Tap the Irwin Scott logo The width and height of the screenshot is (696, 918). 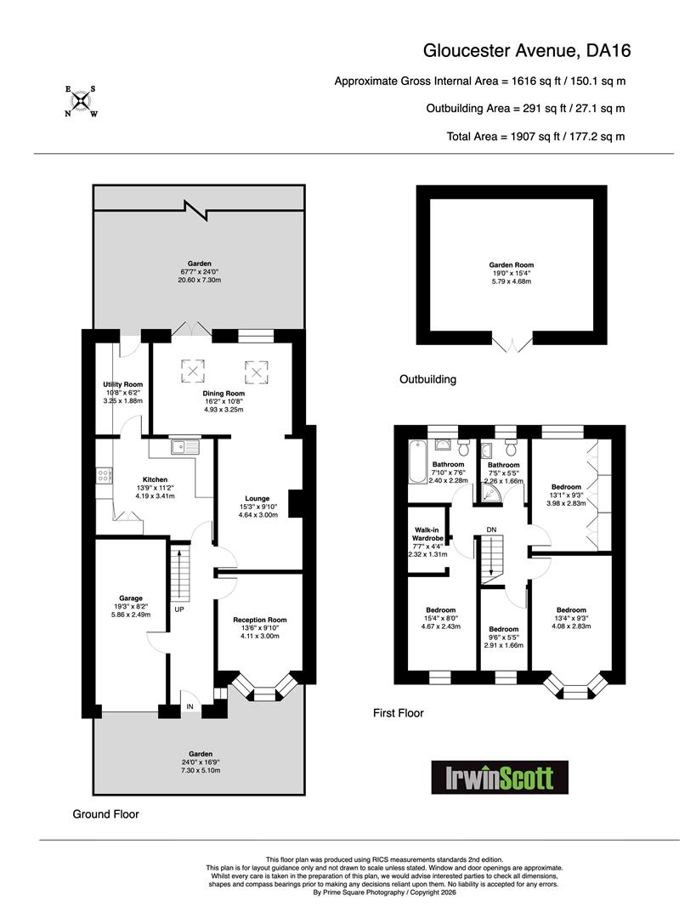500,777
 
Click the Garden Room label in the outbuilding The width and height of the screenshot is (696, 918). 511,265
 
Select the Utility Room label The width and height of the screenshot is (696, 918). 123,385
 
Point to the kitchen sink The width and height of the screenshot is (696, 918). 185,447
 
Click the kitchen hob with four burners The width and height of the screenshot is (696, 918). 104,476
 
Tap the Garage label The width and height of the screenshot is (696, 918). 131,598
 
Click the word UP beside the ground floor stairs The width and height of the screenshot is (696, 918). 179,609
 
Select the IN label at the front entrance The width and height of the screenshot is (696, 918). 190,707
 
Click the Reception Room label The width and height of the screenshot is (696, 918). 260,620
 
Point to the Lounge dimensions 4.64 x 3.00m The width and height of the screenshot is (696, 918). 258,515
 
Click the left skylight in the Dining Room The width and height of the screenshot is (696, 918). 193,371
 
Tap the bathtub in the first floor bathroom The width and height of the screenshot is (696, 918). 417,462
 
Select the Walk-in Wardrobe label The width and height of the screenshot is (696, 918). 428,535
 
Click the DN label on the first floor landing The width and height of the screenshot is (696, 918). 491,530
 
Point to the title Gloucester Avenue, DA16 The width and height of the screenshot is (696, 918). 527,51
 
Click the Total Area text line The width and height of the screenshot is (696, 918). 535,136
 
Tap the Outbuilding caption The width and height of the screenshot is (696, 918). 427,379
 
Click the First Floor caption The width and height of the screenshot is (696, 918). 398,713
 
